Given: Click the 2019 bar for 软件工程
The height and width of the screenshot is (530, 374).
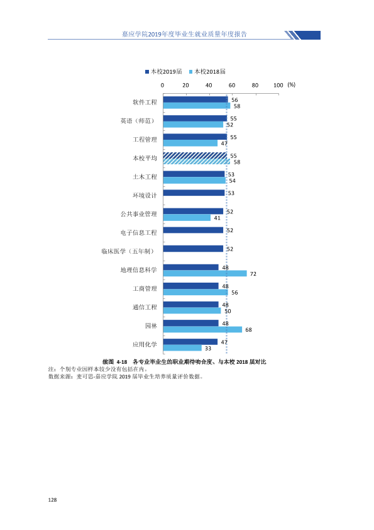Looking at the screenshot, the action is [195, 99].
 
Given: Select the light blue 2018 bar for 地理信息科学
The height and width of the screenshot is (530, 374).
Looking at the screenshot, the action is [205, 273].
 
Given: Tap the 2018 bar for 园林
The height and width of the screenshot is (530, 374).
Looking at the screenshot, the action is [202, 329].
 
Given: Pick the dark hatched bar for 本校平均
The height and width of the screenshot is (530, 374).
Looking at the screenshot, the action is [195, 155].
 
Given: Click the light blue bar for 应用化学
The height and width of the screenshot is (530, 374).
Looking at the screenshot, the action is [182, 348].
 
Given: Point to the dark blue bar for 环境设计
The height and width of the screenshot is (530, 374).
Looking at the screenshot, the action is [194, 193].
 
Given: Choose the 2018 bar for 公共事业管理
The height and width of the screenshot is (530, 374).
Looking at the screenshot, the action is [187, 218].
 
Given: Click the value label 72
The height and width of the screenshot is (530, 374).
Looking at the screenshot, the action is [253, 274].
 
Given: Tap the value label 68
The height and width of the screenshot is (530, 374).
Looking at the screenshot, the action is [248, 330].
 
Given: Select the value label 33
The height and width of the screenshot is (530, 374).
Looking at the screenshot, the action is [208, 349].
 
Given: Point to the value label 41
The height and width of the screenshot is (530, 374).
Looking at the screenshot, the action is [217, 218].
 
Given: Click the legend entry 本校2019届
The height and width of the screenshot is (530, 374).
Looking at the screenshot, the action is [163, 71].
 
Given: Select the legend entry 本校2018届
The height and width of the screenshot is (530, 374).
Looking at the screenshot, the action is [207, 71].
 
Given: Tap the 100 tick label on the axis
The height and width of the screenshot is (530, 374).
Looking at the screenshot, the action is [278, 85].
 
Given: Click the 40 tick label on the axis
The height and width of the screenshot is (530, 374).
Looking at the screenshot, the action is [209, 85].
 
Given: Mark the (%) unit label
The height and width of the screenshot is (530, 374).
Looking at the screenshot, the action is [291, 85].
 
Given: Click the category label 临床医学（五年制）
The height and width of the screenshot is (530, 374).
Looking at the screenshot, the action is [129, 251].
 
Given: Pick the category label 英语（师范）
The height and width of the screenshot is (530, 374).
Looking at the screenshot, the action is [139, 121].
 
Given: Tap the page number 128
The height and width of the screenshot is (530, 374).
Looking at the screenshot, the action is [52, 500].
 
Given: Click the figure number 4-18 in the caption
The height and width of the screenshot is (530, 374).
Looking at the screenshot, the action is [121, 362].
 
